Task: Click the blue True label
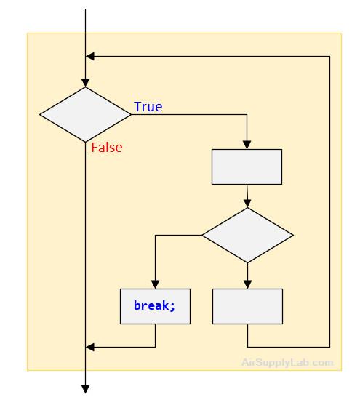point(148,106)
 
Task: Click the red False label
point(107,147)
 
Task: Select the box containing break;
point(155,306)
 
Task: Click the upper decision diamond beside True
point(85,114)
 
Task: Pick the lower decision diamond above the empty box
point(247,235)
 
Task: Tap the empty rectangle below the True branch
point(247,167)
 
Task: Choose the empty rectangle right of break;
point(247,306)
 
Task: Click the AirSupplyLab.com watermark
point(287,362)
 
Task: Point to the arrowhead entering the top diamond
point(85,83)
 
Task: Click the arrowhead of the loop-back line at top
point(90,56)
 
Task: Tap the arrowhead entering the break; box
point(155,284)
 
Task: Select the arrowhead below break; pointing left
point(90,347)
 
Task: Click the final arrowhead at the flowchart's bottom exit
point(85,389)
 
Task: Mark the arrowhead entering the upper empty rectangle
point(247,145)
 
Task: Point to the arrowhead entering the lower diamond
point(247,204)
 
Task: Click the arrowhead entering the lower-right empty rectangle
point(247,284)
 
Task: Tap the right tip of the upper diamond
point(131,114)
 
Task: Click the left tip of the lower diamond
point(202,235)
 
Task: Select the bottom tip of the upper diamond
point(85,142)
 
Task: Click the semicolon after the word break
point(172,307)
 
